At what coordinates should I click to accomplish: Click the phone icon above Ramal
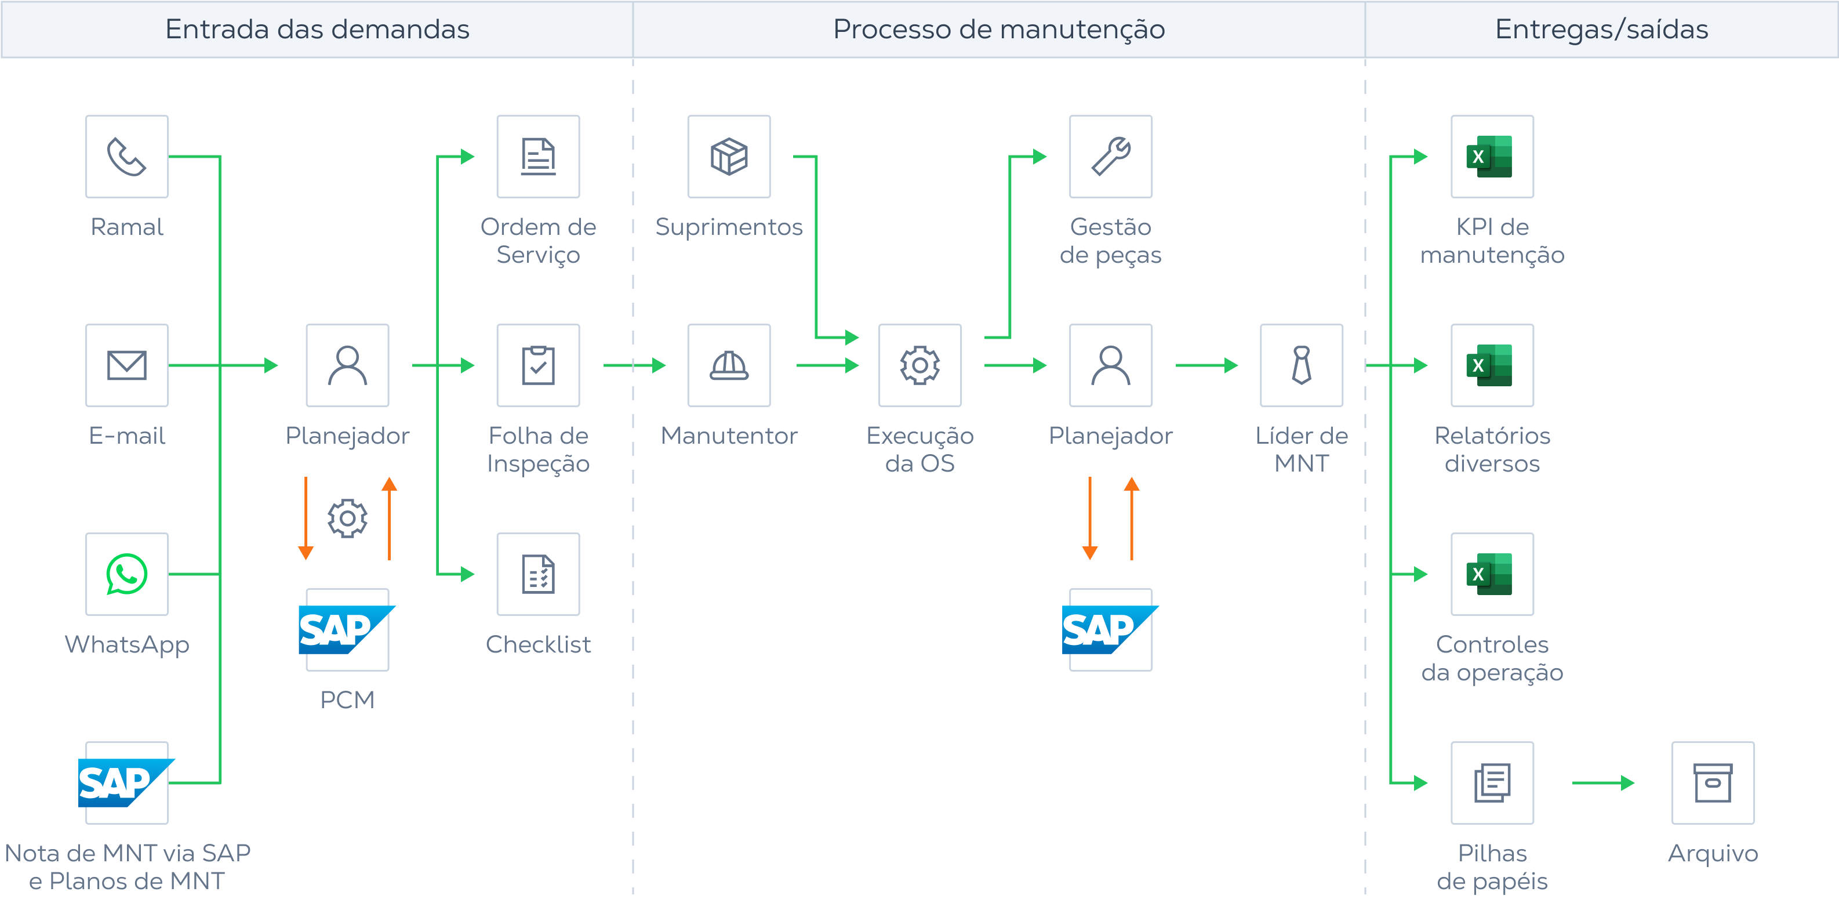(126, 157)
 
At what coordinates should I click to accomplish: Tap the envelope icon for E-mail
(126, 365)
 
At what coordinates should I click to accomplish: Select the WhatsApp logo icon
(126, 574)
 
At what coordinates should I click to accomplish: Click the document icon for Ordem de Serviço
(537, 157)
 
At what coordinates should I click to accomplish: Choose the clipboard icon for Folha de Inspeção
(537, 365)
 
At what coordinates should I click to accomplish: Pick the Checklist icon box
(537, 574)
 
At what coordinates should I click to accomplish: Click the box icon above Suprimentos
(728, 157)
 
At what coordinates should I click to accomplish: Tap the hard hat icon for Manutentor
(728, 365)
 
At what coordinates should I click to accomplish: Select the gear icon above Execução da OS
(919, 365)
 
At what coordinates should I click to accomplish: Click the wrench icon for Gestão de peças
(1110, 157)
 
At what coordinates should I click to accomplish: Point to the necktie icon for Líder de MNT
(1301, 365)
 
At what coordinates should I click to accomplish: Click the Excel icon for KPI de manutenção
(1491, 157)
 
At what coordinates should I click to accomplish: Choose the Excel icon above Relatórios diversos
(1491, 365)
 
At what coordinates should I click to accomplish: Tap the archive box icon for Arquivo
(1712, 782)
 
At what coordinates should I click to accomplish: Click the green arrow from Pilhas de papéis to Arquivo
(1602, 782)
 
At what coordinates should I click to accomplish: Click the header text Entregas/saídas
(1601, 29)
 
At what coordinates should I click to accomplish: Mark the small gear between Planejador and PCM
(347, 518)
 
